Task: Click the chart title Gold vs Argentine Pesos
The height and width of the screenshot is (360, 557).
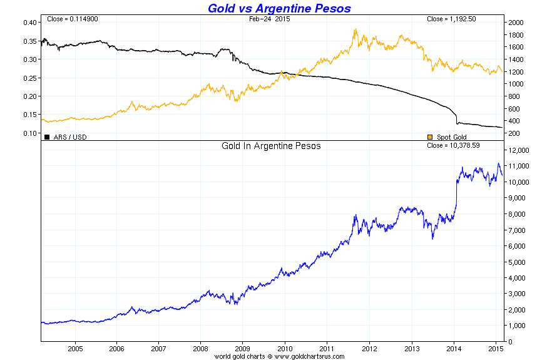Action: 278,8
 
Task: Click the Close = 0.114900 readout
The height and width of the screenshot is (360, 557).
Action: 73,19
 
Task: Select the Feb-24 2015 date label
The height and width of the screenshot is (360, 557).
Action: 270,19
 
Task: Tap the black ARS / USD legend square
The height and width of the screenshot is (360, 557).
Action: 46,136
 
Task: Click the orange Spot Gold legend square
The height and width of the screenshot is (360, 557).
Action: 429,136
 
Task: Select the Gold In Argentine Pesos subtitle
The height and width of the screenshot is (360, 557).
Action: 271,146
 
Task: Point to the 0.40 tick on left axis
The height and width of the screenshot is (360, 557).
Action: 30,23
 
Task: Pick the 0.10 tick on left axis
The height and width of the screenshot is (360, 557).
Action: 30,133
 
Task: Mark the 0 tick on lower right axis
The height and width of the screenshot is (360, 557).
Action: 511,342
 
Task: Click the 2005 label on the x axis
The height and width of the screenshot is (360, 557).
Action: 75,348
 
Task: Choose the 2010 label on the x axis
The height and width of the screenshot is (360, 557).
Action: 285,348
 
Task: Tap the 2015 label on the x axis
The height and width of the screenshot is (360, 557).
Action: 495,348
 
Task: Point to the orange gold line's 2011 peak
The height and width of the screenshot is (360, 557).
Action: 355,29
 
